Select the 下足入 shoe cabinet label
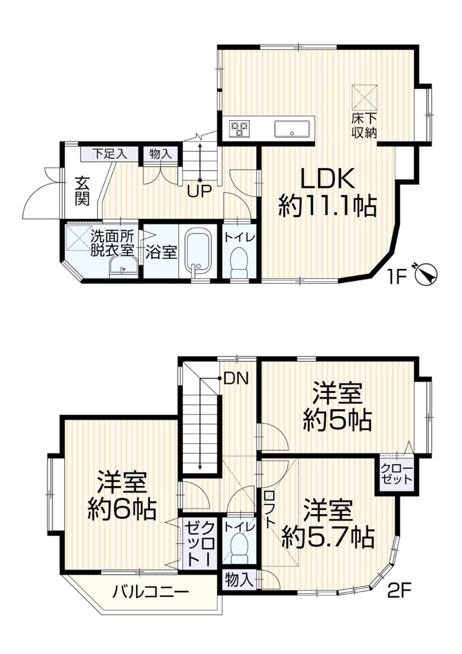[x=110, y=154]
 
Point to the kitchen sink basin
[x=291, y=129]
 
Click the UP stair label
[x=200, y=191]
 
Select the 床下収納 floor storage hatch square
[x=364, y=98]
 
